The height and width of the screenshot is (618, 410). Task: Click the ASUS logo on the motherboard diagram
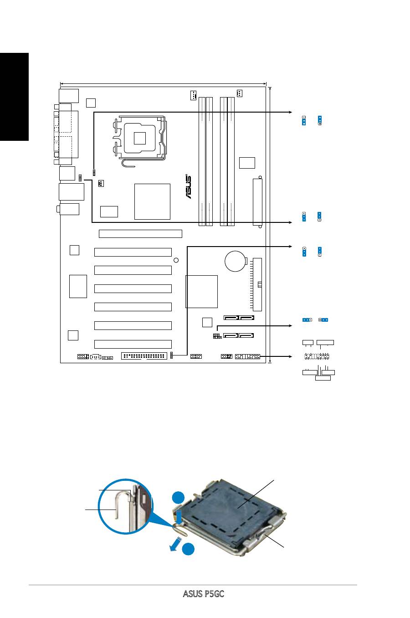(188, 186)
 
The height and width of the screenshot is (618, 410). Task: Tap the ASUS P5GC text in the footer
(204, 593)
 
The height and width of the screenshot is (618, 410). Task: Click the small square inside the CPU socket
(139, 138)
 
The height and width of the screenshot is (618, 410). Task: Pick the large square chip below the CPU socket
(152, 202)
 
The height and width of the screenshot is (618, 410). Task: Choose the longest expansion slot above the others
(140, 234)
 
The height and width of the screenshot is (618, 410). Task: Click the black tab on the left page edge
(14, 97)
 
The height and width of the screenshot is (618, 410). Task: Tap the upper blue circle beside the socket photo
(179, 497)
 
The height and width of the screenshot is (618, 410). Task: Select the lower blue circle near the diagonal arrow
(188, 549)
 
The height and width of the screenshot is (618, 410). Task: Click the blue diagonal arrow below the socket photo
(176, 544)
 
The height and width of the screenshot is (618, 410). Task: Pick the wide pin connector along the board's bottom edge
(144, 356)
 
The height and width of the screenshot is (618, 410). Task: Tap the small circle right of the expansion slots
(176, 260)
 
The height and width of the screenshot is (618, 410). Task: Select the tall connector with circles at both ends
(257, 202)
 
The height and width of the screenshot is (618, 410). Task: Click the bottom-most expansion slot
(133, 344)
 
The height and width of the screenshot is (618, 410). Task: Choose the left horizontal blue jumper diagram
(307, 320)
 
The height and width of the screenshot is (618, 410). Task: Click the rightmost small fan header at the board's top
(239, 93)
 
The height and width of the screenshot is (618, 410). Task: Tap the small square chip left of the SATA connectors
(207, 322)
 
